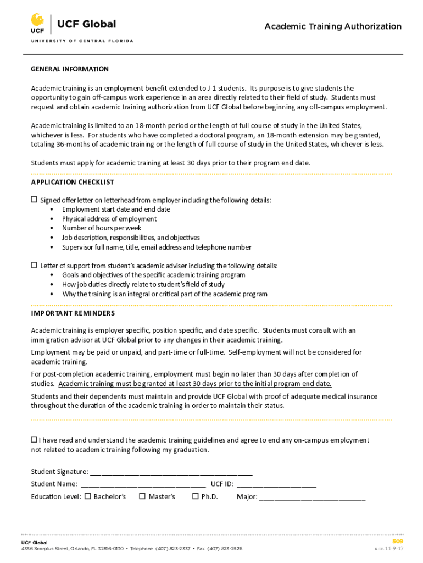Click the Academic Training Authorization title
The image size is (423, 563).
(333, 26)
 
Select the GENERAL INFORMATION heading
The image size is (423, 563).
(70, 69)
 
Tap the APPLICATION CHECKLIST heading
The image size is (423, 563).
(73, 182)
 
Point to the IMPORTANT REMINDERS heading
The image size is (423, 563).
(73, 313)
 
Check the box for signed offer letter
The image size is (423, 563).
(34, 200)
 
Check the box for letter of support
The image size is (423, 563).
(34, 265)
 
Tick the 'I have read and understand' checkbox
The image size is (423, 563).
(34, 440)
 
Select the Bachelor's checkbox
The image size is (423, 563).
(87, 496)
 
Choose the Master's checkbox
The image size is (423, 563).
(142, 496)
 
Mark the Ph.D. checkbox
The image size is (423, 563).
(195, 496)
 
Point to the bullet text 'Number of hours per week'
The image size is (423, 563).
(102, 228)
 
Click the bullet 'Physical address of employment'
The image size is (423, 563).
(109, 219)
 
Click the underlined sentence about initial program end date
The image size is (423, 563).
(195, 384)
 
